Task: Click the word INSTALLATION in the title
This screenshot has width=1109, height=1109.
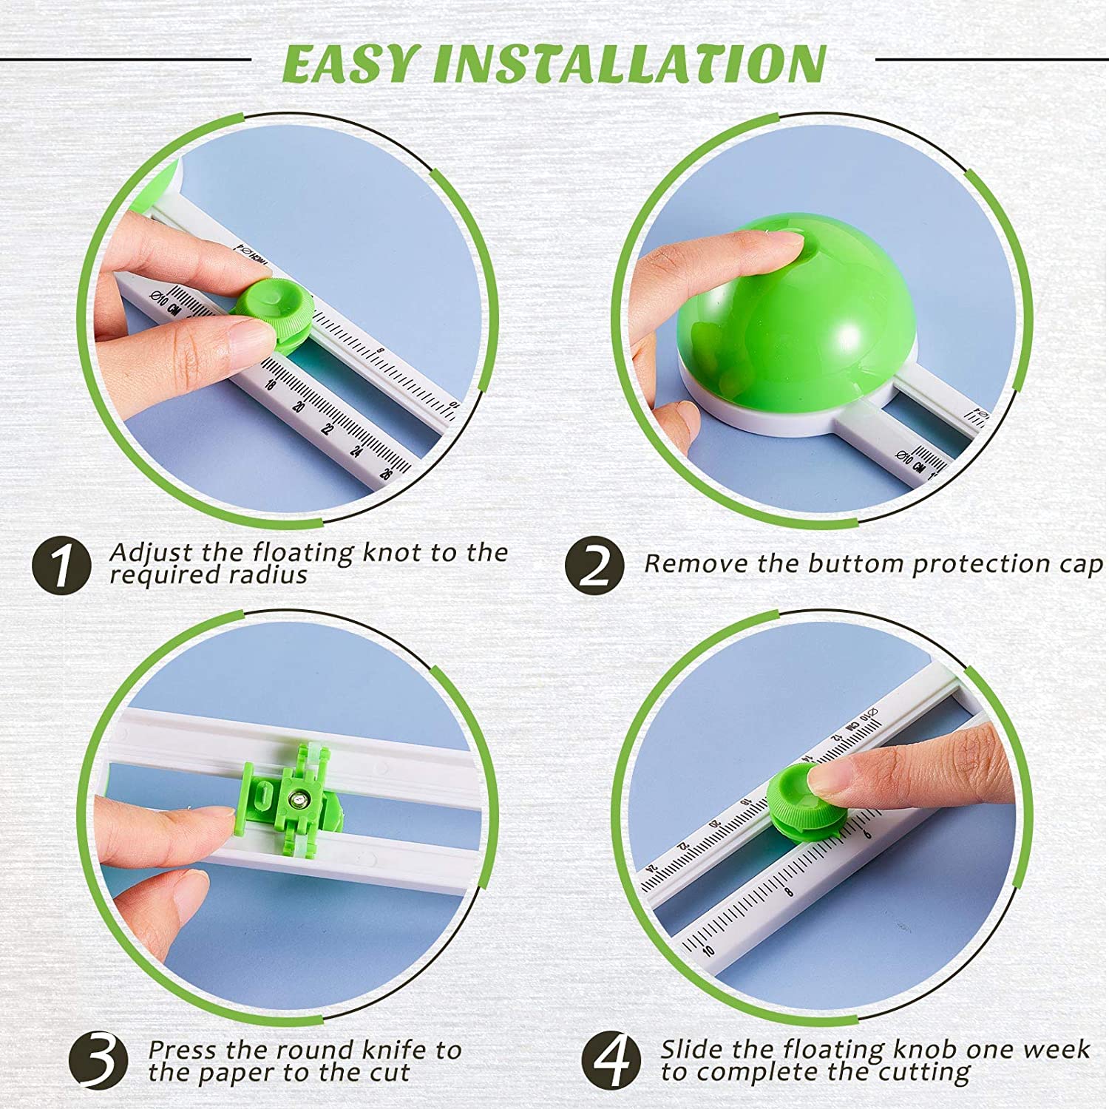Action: coord(630,64)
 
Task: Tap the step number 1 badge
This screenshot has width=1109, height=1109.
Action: coord(62,565)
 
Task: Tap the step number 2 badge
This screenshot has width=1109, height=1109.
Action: coord(594,565)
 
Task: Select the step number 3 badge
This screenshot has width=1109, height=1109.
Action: coord(99,1060)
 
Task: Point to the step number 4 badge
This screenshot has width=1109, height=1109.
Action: coord(611,1060)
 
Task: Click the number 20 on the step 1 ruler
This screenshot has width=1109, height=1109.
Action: coord(299,407)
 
